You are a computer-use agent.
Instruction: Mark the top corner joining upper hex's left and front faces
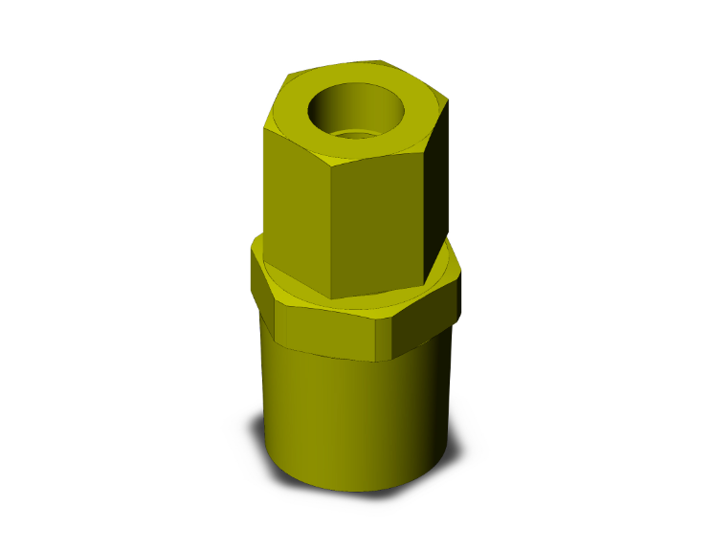(328, 163)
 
